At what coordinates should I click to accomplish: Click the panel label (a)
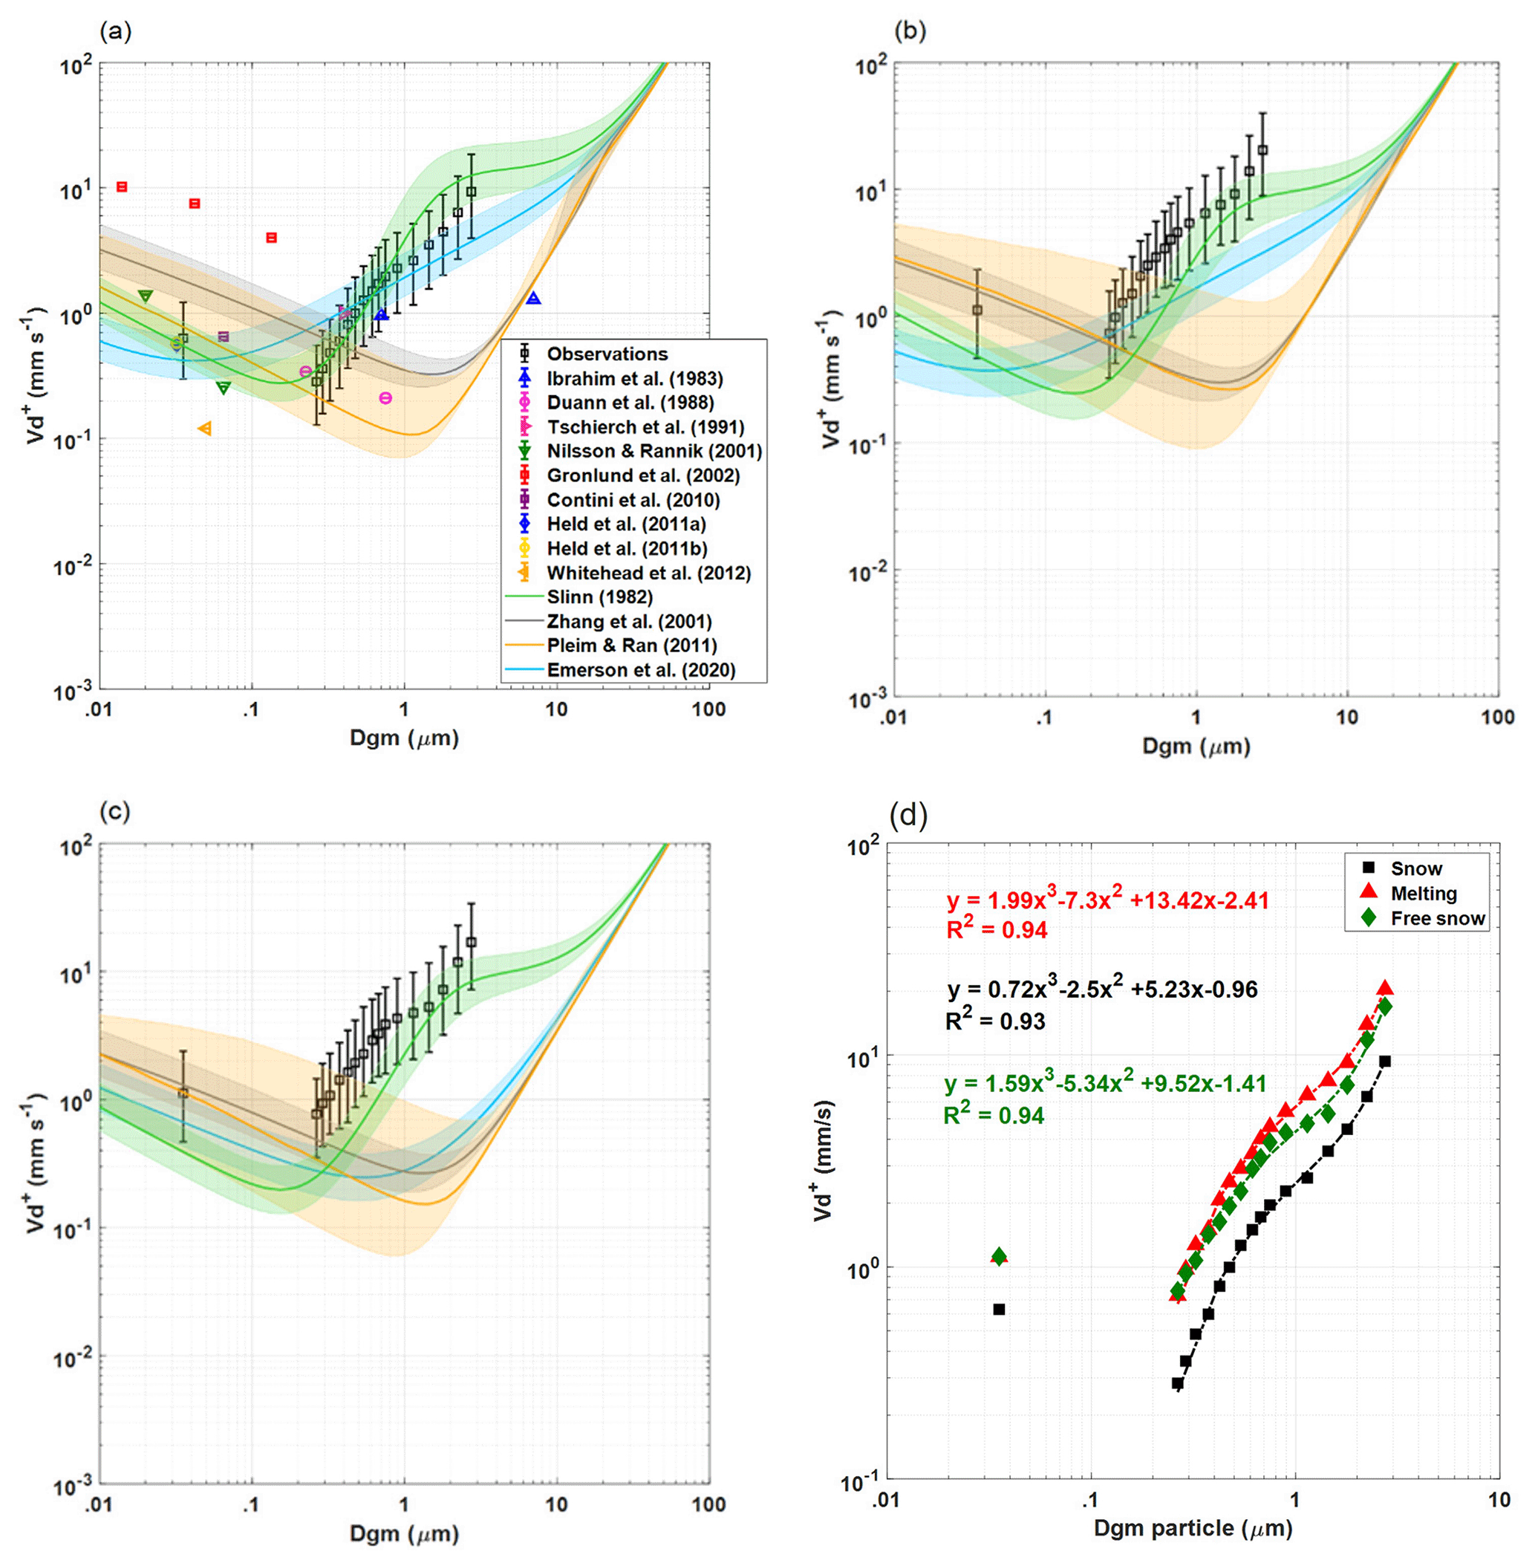(114, 31)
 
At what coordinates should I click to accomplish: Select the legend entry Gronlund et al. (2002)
(642, 476)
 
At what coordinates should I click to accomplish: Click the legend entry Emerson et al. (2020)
(640, 670)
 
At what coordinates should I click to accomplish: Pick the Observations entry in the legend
(606, 354)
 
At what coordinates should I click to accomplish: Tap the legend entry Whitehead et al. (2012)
(648, 573)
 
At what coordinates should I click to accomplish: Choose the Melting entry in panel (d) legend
(1423, 894)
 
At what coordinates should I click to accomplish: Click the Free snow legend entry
(1437, 919)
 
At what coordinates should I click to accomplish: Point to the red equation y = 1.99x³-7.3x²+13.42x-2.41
(1107, 900)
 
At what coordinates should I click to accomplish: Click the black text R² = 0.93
(995, 1021)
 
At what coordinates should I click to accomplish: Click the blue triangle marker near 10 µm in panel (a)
(533, 299)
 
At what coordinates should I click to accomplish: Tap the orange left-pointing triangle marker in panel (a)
(205, 429)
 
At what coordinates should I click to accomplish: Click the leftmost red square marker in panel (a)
(122, 187)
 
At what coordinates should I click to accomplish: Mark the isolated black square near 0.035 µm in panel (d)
(999, 1310)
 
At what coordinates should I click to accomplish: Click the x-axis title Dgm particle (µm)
(1193, 1528)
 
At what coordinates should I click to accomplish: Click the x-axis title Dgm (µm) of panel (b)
(1196, 746)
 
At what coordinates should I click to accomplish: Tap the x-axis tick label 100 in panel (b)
(1497, 717)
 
